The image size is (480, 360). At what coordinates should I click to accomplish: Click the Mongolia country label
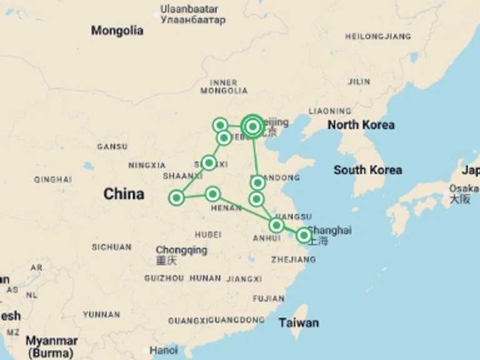tap(117, 31)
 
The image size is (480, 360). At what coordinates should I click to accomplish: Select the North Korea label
tap(361, 125)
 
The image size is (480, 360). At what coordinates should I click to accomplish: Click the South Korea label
tap(367, 170)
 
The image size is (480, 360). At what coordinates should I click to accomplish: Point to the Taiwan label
tap(298, 322)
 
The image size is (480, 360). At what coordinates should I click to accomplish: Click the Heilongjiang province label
tap(378, 37)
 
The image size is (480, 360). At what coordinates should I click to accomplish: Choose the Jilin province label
tap(359, 82)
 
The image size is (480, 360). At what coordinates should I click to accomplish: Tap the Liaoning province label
tap(329, 111)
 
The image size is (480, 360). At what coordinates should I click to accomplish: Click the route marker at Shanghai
tap(304, 235)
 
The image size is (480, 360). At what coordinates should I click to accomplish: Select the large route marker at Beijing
tap(252, 126)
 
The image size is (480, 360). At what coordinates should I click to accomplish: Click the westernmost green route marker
tap(176, 198)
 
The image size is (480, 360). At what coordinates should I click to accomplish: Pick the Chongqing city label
tap(181, 250)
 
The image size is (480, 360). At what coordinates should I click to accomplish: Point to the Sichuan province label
tap(111, 247)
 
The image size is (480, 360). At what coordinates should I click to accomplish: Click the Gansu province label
tap(112, 147)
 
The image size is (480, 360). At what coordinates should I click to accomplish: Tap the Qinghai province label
tap(52, 179)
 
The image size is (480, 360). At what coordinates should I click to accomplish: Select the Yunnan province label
tap(101, 314)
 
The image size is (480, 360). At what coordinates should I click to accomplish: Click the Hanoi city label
tap(163, 351)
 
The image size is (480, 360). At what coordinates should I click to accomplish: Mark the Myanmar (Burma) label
tap(51, 346)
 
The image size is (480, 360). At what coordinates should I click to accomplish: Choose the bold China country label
tap(124, 194)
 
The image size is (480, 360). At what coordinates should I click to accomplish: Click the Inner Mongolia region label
tap(224, 86)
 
